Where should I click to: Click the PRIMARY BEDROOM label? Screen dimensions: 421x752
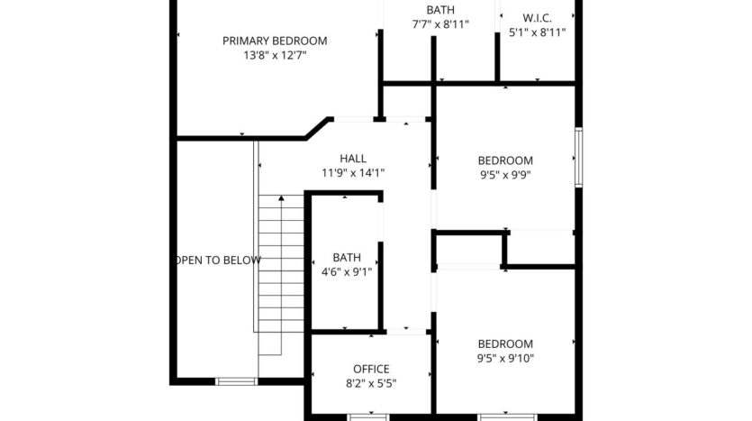(x=275, y=41)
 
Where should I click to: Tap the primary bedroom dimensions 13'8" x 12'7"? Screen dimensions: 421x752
(x=275, y=55)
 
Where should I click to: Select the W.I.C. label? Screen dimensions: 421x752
(x=537, y=18)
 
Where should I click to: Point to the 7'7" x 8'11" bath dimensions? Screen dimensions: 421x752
(x=440, y=24)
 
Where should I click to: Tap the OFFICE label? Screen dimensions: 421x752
(x=371, y=369)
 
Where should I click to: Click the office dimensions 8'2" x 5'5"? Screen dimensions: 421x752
(x=371, y=383)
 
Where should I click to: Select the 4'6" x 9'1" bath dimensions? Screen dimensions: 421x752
(x=347, y=271)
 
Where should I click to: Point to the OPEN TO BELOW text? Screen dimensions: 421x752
(x=218, y=261)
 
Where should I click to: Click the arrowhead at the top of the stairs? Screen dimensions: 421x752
(x=281, y=197)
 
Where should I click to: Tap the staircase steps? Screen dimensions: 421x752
(x=281, y=270)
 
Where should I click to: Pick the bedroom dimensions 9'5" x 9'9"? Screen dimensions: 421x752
(x=505, y=176)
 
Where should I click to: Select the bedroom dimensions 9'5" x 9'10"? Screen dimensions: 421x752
(x=505, y=358)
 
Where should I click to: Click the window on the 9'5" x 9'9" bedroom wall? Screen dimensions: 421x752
(x=578, y=157)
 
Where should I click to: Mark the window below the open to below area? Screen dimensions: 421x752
(x=237, y=381)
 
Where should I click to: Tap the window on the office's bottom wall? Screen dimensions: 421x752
(x=367, y=416)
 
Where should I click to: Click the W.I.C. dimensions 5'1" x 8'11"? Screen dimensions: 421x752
(x=537, y=32)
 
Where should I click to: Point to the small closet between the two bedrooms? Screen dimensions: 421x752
(x=469, y=249)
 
